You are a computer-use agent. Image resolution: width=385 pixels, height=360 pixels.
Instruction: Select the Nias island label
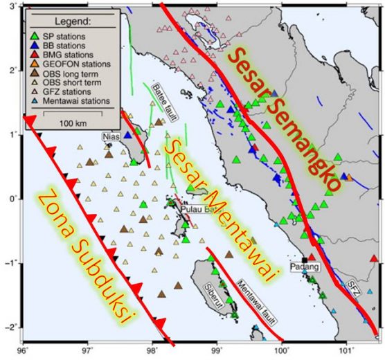coord(111,137)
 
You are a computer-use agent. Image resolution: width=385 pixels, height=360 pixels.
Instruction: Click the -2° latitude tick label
coord(10,327)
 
